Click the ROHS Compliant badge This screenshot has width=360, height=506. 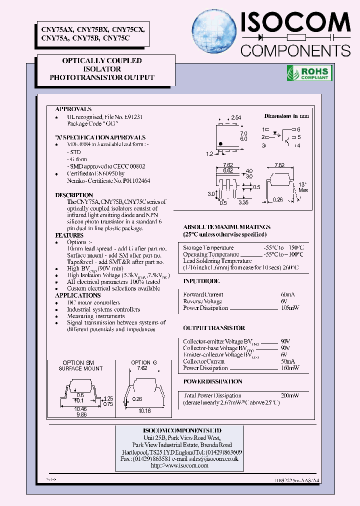308,73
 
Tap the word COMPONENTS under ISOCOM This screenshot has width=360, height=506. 295,50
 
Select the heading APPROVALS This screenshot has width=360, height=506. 73,109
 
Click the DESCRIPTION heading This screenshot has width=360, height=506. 74,195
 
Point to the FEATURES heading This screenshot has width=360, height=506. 69,235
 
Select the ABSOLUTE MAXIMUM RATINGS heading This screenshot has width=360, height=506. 227,227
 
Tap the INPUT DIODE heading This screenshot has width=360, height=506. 201,281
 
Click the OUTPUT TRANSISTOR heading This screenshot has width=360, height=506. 214,328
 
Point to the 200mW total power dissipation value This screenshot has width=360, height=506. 289,395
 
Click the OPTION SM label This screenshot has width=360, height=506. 78,362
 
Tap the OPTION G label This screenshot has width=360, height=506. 144,362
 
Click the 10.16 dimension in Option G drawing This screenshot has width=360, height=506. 144,411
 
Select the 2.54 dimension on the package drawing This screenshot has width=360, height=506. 235,117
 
